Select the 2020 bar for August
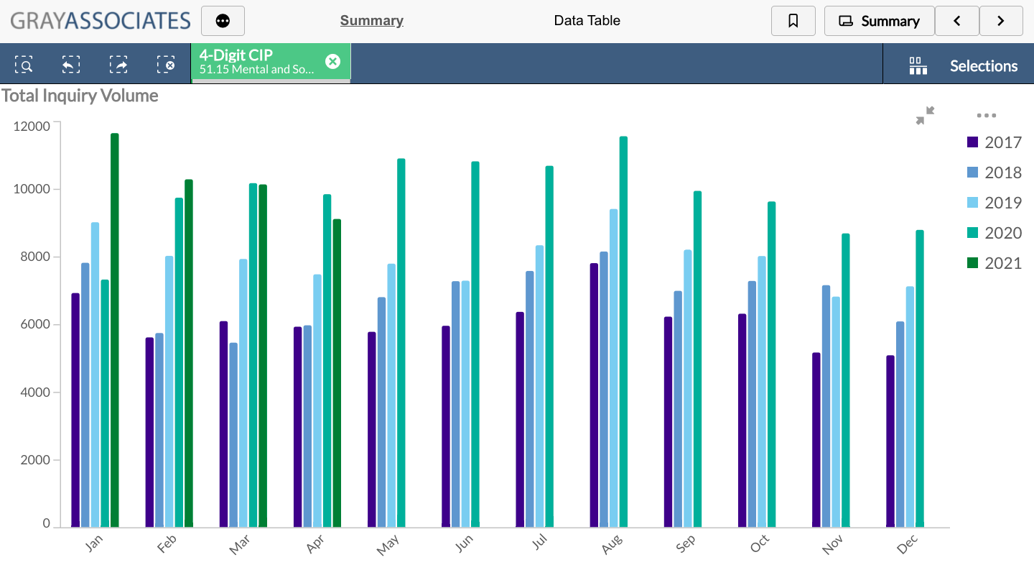click(x=623, y=331)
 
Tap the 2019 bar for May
click(x=391, y=395)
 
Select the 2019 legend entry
click(x=994, y=203)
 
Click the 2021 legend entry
click(x=994, y=263)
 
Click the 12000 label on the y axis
click(x=32, y=127)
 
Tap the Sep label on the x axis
click(x=686, y=546)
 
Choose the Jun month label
click(x=464, y=546)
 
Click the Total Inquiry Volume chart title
click(x=80, y=96)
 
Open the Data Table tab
click(x=587, y=21)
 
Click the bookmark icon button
click(x=793, y=21)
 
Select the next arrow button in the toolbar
click(x=1001, y=21)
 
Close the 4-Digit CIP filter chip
click(x=332, y=62)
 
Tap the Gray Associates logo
click(x=101, y=20)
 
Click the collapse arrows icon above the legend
click(x=926, y=115)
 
